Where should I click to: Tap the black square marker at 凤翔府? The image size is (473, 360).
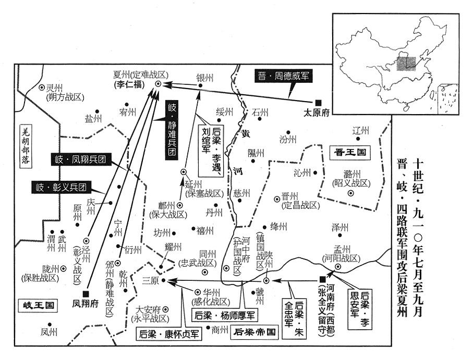coord(86,293)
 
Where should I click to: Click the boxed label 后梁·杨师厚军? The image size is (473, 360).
coord(224,316)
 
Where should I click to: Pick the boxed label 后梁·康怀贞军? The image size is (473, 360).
coord(168,333)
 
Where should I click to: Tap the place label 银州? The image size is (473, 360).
coord(204,77)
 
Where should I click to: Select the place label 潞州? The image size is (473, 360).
coord(350,174)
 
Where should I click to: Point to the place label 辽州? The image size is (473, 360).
coord(360,130)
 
